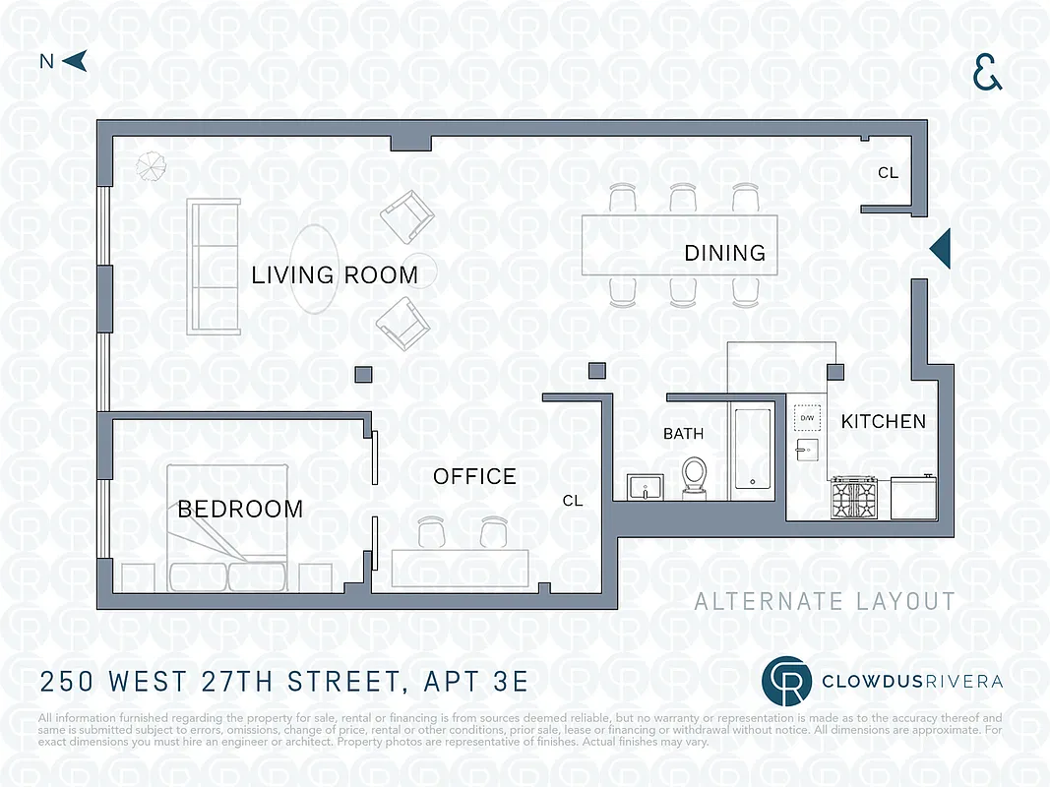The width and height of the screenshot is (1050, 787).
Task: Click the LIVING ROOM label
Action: pyautogui.click(x=335, y=275)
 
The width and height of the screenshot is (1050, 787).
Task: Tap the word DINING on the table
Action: pyautogui.click(x=724, y=254)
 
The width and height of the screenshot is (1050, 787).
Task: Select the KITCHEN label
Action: pyautogui.click(x=883, y=422)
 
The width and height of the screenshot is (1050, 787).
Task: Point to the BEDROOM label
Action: pyautogui.click(x=240, y=510)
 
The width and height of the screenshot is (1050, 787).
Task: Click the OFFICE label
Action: pyautogui.click(x=474, y=477)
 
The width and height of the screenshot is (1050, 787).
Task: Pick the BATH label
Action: pyautogui.click(x=683, y=434)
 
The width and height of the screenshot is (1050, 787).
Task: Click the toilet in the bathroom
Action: pyautogui.click(x=695, y=475)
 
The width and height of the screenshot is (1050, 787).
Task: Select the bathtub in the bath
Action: pyautogui.click(x=754, y=449)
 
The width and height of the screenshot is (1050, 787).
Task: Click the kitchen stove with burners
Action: pyautogui.click(x=854, y=497)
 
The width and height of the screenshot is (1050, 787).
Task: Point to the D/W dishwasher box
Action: pyautogui.click(x=807, y=419)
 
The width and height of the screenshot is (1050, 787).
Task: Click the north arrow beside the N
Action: pyautogui.click(x=76, y=61)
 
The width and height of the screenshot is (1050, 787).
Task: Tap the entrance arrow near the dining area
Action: pyautogui.click(x=941, y=248)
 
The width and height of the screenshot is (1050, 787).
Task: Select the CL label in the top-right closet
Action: pyautogui.click(x=888, y=173)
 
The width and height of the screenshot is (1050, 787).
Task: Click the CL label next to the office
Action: pyautogui.click(x=573, y=501)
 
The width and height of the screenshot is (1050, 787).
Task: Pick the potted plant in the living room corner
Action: pyautogui.click(x=152, y=165)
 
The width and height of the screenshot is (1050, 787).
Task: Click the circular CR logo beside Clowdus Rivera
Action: pyautogui.click(x=787, y=682)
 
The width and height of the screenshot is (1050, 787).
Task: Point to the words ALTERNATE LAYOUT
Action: pyautogui.click(x=825, y=602)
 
